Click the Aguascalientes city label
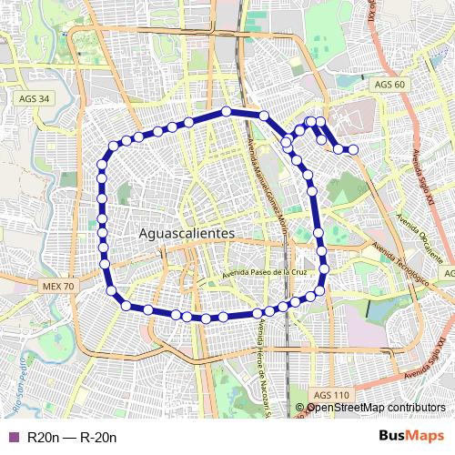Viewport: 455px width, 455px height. (x=187, y=234)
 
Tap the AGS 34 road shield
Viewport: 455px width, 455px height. (x=33, y=97)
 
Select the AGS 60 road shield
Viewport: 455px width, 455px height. (x=389, y=85)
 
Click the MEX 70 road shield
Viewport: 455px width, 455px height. (x=58, y=286)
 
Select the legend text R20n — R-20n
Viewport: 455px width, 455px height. (x=72, y=438)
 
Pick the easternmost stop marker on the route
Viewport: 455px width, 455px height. (x=353, y=149)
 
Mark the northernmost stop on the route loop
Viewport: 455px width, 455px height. (x=226, y=112)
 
